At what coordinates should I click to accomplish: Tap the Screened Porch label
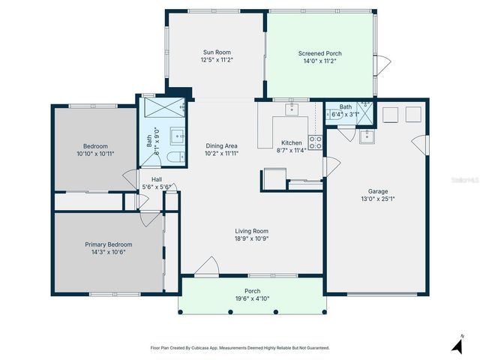tap(320, 53)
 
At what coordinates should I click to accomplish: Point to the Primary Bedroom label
tap(108, 244)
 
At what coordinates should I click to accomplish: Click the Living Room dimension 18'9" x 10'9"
tap(251, 239)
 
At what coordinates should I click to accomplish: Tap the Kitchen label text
tap(291, 142)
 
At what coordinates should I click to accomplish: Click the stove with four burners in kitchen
tap(316, 142)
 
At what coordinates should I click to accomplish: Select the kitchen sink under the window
tap(290, 109)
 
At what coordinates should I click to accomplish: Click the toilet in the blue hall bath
tap(172, 157)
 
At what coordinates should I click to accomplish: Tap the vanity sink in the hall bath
tap(178, 136)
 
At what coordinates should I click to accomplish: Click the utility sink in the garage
tap(367, 136)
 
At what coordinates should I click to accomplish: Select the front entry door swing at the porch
tap(207, 265)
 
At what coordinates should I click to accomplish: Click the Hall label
tap(157, 179)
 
